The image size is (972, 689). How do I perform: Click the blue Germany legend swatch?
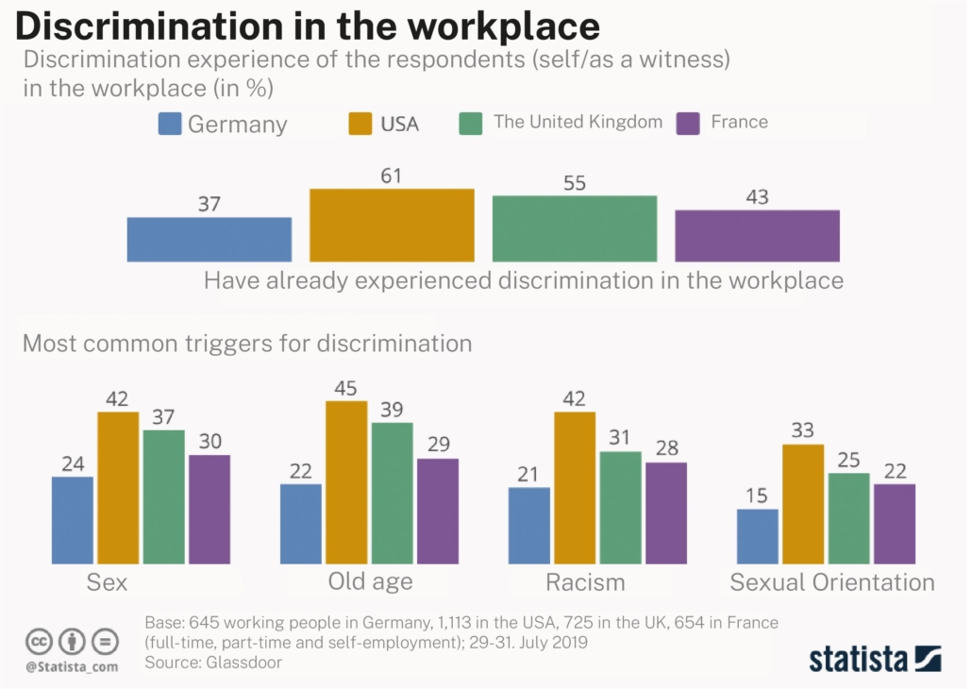(x=170, y=124)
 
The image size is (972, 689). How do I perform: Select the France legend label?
(x=739, y=122)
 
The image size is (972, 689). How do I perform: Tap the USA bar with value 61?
(x=392, y=225)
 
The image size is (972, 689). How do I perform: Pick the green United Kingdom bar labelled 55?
(x=574, y=228)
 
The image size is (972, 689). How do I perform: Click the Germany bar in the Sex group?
(x=73, y=520)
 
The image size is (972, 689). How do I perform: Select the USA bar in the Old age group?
(x=346, y=482)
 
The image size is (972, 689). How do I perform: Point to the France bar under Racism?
(x=666, y=513)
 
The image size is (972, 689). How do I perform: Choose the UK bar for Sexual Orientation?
(x=848, y=518)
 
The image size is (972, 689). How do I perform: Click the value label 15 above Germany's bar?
(x=758, y=495)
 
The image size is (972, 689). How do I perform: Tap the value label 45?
(x=346, y=387)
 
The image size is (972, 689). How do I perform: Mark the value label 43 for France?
(x=757, y=197)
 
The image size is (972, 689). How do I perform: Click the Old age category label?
(x=370, y=581)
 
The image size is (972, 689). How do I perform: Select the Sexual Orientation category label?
(x=832, y=582)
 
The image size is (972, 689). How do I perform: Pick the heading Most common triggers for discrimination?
(x=246, y=343)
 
